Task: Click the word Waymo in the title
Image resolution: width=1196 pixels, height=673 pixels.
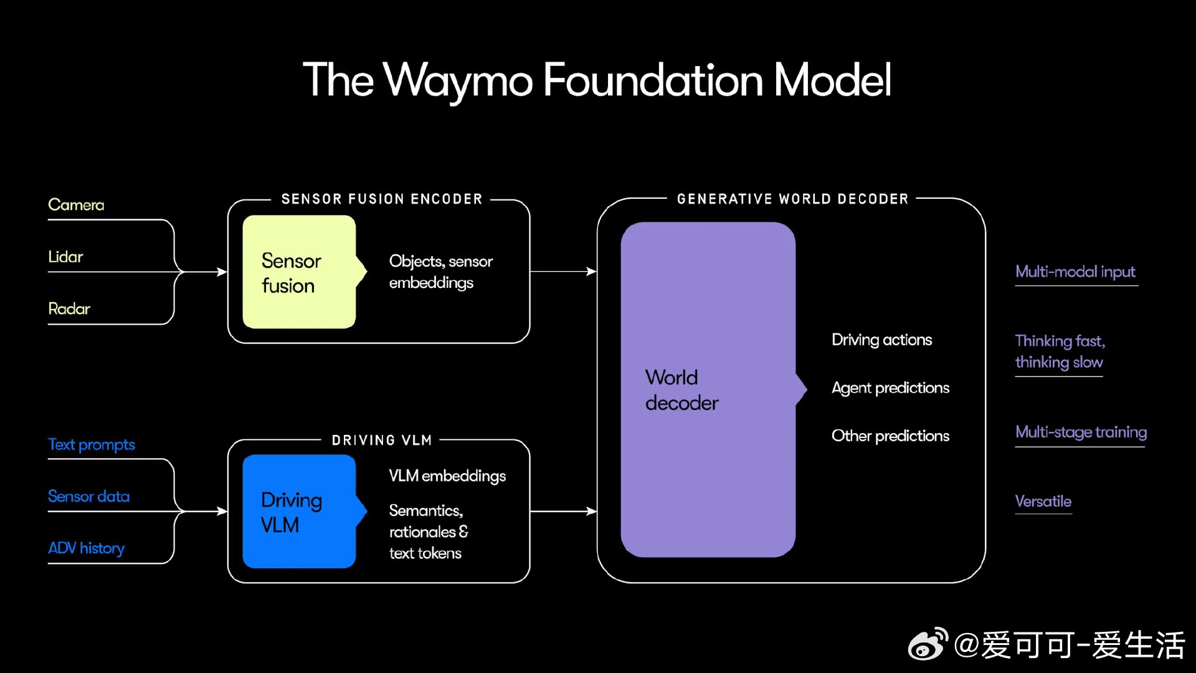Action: tap(458, 81)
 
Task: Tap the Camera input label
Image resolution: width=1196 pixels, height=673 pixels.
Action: tap(76, 205)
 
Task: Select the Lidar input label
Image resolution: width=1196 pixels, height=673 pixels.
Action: tap(65, 257)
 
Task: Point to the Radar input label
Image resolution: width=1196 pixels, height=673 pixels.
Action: tap(69, 308)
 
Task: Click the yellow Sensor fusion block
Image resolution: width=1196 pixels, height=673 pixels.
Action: tap(299, 272)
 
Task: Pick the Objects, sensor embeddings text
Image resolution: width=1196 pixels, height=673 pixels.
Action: tap(440, 272)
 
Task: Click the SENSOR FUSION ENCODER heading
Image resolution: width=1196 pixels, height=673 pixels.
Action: tap(382, 199)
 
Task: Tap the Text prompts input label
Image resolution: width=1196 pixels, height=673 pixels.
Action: tap(92, 444)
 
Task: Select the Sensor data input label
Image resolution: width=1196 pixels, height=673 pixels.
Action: tap(89, 496)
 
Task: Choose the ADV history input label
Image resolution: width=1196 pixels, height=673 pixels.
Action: tap(87, 548)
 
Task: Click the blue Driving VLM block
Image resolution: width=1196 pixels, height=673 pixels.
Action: tap(299, 512)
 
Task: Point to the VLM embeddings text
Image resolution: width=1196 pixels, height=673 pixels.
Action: tap(447, 476)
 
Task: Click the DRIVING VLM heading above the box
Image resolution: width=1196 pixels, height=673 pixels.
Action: tap(382, 441)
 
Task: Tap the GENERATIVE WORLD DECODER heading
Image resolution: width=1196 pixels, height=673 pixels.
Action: tap(792, 199)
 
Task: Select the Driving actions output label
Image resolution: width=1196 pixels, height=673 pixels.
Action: tap(881, 340)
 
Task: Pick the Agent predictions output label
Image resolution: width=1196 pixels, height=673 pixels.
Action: tap(890, 388)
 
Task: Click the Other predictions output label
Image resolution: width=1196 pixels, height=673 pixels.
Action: tap(890, 436)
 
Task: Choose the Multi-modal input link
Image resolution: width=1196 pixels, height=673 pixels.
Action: tap(1075, 272)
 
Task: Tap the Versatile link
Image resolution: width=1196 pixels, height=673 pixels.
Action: tap(1043, 501)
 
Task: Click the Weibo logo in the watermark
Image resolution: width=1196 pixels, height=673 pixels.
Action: tap(928, 644)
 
